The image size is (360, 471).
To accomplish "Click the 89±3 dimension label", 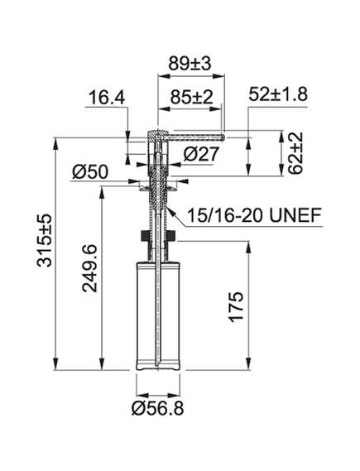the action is coord(190,64).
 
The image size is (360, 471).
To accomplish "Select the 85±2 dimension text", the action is coord(191,97).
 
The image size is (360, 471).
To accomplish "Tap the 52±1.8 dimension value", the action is coord(278,94).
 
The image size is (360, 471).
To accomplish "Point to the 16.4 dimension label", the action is coord(107,98).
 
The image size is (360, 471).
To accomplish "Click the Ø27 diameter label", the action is coord(201,155).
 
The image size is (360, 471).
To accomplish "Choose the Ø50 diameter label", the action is coord(89,172).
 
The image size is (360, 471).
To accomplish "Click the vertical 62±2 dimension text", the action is coord(295,153).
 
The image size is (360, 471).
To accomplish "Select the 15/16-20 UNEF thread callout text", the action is coord(254,214).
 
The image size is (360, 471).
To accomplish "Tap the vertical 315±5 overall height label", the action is coord(45,240).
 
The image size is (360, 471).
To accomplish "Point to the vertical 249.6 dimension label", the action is coord(89,268).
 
